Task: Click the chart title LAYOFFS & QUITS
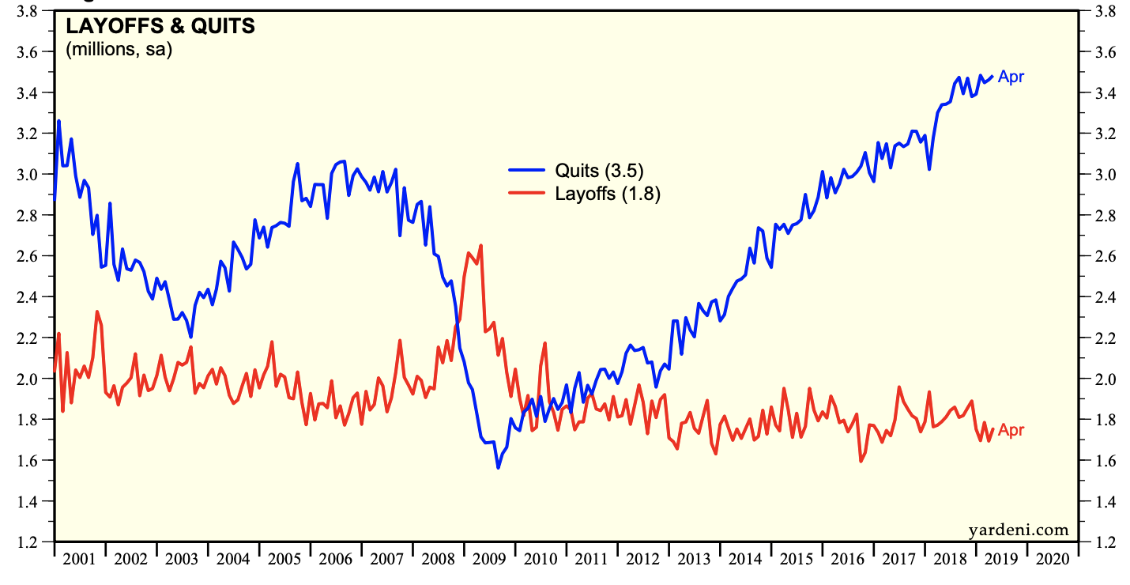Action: pos(160,26)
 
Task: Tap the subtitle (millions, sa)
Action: pos(119,50)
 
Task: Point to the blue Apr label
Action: pos(1011,77)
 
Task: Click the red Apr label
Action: pos(1011,430)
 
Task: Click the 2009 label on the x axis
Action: pos(489,559)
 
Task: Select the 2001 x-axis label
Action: pos(80,559)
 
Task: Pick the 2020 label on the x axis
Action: pos(1052,559)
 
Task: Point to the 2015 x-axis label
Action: pos(796,559)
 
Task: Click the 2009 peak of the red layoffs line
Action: pos(480,245)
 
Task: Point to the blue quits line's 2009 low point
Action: pos(498,468)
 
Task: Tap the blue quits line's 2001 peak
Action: pos(58,121)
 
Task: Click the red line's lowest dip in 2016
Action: pos(861,461)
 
